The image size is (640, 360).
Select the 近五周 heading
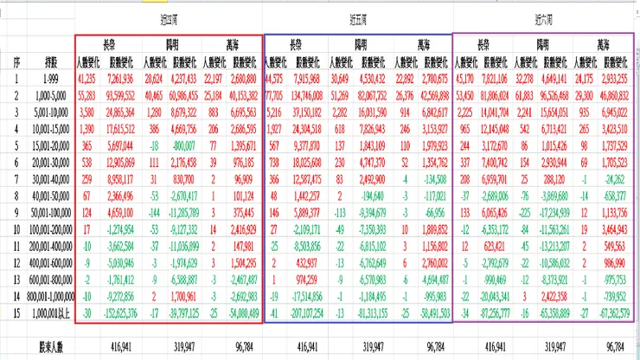point(356,17)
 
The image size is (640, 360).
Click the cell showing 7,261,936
point(121,78)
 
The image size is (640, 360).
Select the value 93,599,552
point(119,94)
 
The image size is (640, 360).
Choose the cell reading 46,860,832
point(614,94)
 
